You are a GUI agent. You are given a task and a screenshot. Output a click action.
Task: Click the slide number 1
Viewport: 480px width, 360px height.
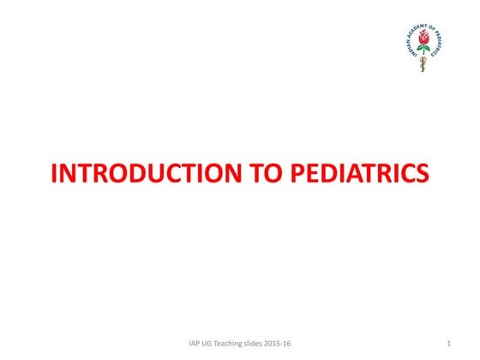(449, 345)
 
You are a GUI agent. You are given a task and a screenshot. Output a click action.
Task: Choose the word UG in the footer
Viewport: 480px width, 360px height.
(211, 345)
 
